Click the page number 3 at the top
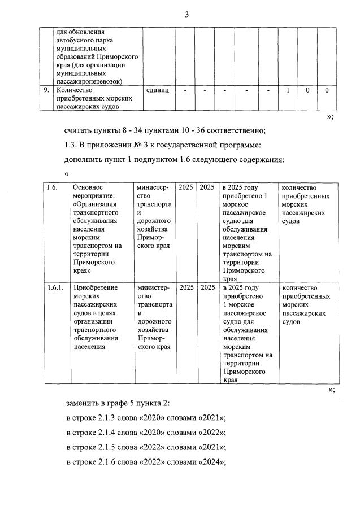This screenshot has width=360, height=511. click(186, 15)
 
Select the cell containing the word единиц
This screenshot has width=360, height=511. click(158, 90)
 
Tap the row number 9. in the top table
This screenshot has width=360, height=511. click(47, 90)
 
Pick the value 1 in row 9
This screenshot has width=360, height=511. click(288, 90)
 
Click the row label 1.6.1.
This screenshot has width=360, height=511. click(55, 287)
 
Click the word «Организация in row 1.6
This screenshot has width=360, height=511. click(95, 204)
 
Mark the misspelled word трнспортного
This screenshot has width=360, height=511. click(95, 330)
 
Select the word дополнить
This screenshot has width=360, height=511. click(85, 160)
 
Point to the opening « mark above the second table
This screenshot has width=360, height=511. click(67, 174)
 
